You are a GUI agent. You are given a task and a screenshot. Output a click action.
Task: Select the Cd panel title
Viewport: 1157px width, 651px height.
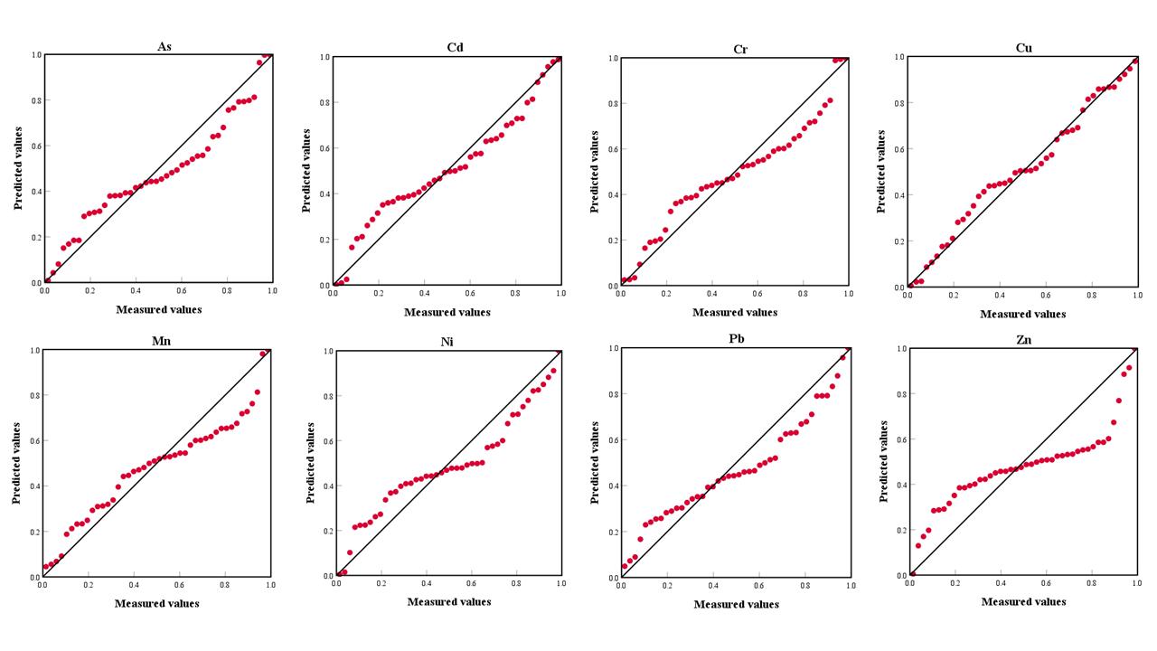(455, 47)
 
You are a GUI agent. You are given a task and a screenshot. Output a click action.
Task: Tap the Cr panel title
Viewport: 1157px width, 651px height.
(740, 49)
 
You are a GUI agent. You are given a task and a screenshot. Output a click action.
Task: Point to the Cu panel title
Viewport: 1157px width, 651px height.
(1023, 47)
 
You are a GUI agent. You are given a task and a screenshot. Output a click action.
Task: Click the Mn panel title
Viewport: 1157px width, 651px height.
(157, 341)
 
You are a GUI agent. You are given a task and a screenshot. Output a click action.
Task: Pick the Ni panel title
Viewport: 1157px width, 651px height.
(449, 342)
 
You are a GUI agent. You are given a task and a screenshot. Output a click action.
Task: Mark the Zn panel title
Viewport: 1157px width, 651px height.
(1023, 340)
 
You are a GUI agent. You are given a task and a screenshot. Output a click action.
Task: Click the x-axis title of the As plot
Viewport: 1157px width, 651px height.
(159, 309)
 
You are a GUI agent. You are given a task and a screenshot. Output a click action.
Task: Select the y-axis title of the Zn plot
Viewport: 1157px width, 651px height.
(883, 461)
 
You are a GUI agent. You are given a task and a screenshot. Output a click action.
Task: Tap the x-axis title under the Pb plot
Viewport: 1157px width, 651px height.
(736, 604)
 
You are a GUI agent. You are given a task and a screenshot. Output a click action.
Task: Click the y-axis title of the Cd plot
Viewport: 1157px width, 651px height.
(306, 171)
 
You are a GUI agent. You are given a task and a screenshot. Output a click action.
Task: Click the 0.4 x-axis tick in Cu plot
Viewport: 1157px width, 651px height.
(1000, 296)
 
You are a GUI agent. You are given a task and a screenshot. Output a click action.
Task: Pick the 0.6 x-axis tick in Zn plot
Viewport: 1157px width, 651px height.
(1046, 584)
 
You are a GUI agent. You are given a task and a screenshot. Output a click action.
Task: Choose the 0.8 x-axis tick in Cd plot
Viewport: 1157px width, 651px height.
(514, 294)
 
